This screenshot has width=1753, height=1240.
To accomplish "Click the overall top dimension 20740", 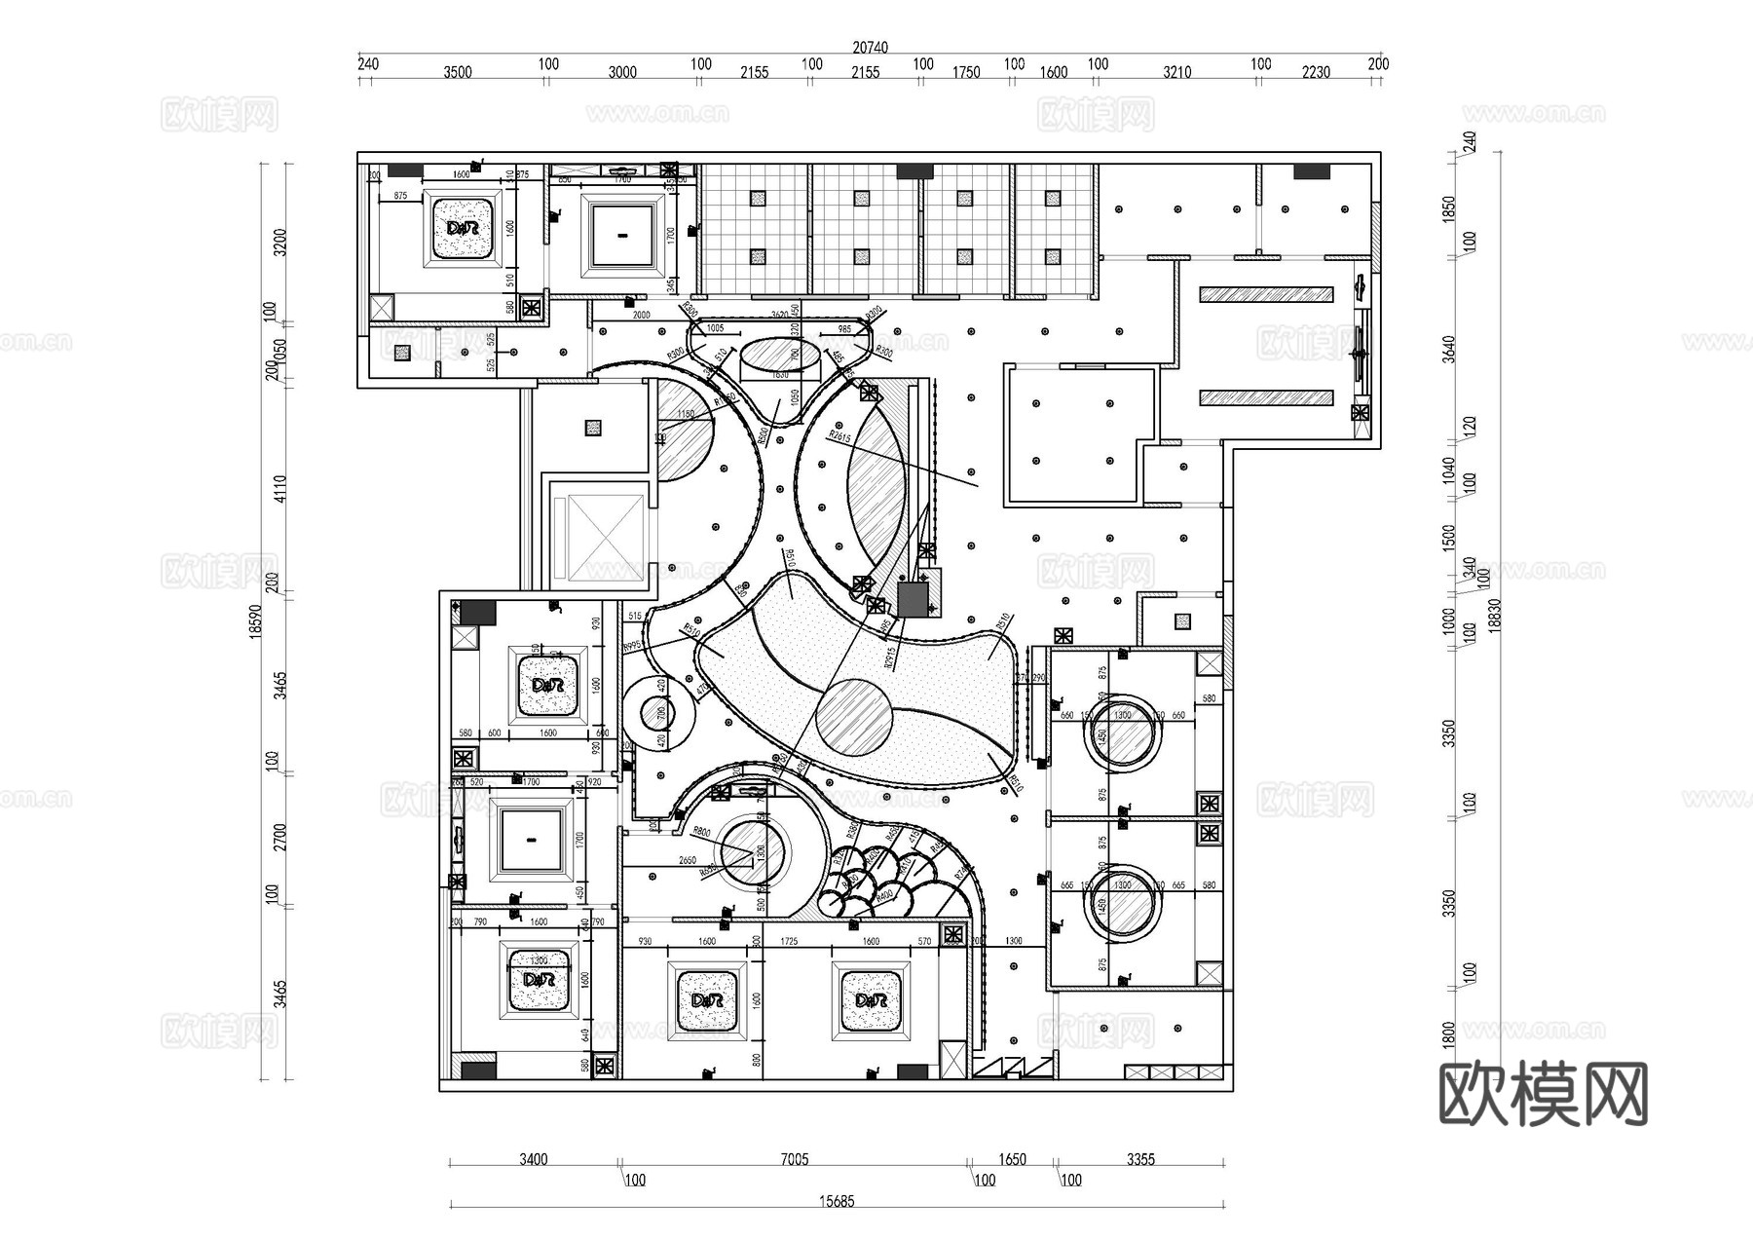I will tap(870, 47).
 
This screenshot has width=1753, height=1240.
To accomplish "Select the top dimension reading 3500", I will tap(457, 72).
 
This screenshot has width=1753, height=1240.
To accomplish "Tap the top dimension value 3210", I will tap(1176, 72).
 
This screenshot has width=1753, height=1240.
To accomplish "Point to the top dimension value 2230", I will tap(1315, 72).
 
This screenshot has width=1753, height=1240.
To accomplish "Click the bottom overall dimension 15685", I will tap(837, 1201).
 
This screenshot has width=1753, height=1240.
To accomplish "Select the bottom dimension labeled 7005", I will tap(794, 1159).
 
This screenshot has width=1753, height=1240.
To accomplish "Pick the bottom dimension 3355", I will tap(1140, 1159).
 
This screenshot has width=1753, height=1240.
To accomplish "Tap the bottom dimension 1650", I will tap(1012, 1159).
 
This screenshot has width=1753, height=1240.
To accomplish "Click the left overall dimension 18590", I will tap(255, 620).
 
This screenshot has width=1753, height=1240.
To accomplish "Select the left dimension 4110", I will tap(280, 488).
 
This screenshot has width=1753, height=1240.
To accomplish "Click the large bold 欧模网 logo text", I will tap(1543, 1094).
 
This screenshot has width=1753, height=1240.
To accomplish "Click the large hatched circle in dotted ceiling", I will tap(852, 717).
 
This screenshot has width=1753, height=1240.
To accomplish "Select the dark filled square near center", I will tap(913, 598).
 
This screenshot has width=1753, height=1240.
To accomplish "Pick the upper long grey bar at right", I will tap(1265, 294).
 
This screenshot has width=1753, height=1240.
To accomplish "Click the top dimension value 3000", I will tap(622, 72).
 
